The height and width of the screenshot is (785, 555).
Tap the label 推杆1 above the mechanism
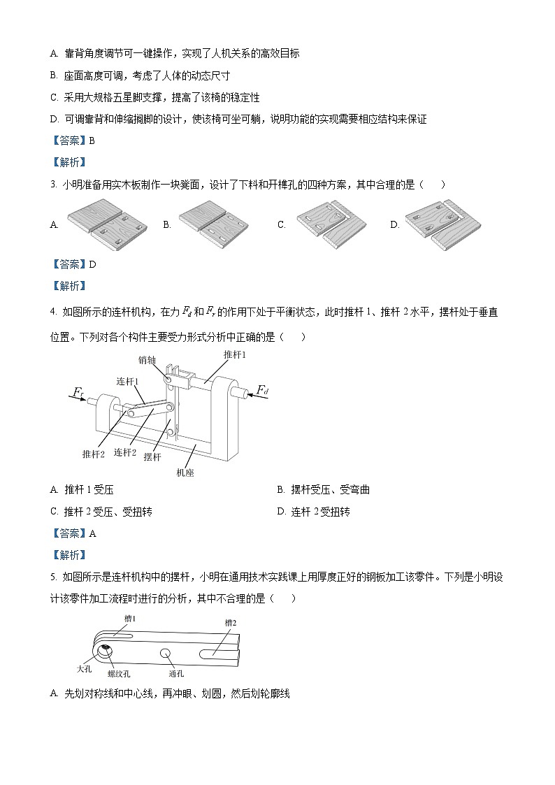(x=235, y=355)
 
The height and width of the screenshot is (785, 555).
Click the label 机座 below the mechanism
(x=185, y=473)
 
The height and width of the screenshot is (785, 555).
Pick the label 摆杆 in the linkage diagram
(x=152, y=456)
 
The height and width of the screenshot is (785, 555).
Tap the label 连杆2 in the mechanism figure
(x=124, y=452)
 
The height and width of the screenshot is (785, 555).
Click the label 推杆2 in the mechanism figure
(x=93, y=454)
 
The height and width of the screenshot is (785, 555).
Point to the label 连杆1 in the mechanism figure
(x=127, y=381)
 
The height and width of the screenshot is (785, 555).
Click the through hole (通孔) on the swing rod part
(x=166, y=654)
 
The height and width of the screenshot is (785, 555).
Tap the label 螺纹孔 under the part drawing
(x=119, y=674)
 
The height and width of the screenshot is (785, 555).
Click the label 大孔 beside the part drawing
(x=84, y=668)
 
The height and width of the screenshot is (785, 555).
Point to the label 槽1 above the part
(x=130, y=618)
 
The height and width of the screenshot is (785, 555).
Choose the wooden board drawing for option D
(x=444, y=225)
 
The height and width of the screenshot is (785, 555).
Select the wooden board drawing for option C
(x=331, y=225)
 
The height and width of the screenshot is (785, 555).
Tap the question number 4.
(x=53, y=312)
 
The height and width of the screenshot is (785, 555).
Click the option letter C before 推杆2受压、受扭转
(x=54, y=512)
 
